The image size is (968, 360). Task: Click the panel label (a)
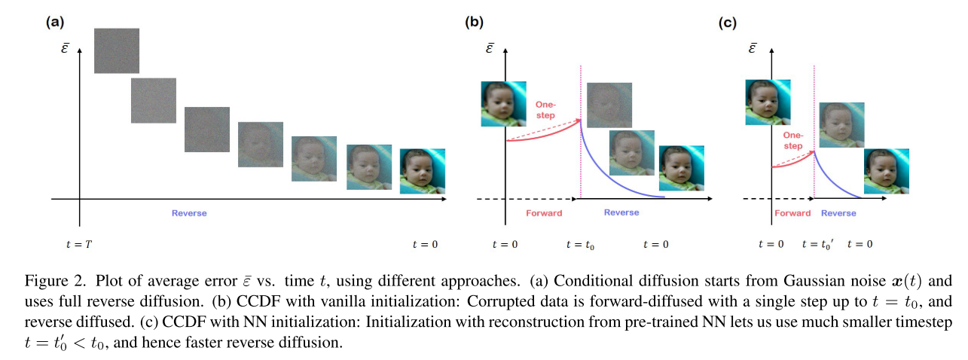coord(54,22)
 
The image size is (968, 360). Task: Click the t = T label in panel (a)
coord(78,244)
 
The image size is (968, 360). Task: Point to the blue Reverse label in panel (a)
coord(189,213)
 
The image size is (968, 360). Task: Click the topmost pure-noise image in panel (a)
coord(117,50)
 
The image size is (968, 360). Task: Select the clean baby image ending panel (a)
coord(422,171)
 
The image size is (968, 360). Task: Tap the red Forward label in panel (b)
coord(544,213)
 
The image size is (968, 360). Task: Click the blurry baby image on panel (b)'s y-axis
coord(504,104)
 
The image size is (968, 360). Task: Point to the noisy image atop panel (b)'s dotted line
coord(609,105)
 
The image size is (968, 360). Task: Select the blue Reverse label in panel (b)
coord(621,213)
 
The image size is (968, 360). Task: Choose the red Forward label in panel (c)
coord(792,213)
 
